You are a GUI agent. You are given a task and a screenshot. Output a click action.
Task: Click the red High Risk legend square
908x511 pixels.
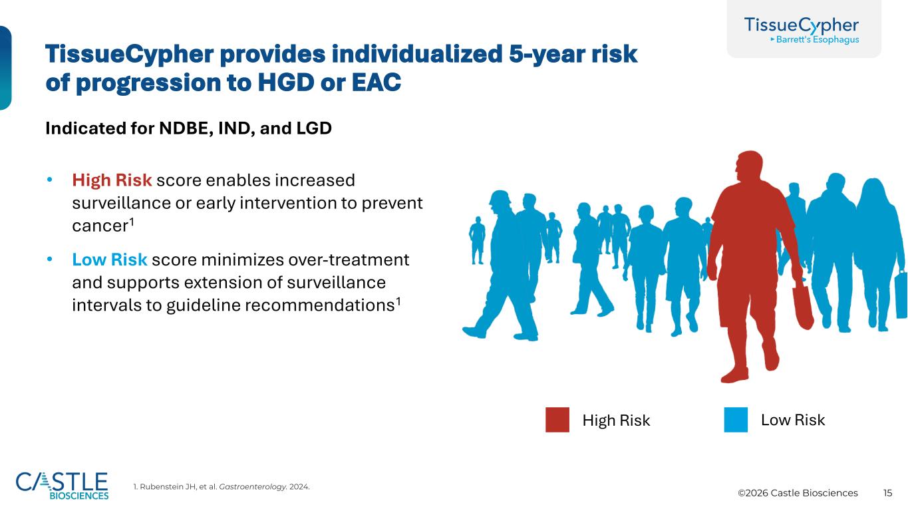557,420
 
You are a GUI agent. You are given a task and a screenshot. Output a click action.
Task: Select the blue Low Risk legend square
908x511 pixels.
736,420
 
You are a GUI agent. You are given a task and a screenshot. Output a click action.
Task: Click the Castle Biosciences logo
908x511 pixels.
62,486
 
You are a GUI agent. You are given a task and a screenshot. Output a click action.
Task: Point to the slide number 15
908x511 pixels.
888,493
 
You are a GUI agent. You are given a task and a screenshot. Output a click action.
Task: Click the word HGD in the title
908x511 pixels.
286,83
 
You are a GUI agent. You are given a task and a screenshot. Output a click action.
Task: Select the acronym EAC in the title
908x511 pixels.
377,83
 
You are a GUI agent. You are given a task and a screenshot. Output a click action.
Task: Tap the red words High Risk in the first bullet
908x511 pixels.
112,180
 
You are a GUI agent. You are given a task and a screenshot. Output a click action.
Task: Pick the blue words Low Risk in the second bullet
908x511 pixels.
110,259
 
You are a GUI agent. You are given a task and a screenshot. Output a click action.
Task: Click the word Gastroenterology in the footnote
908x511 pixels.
253,486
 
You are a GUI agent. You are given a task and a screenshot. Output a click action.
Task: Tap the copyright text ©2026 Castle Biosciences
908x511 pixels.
798,493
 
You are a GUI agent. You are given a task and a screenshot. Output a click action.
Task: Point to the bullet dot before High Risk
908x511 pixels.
49,180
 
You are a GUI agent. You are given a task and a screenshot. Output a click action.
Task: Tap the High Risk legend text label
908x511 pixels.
616,420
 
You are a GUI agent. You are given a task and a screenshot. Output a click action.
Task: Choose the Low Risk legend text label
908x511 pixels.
793,420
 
